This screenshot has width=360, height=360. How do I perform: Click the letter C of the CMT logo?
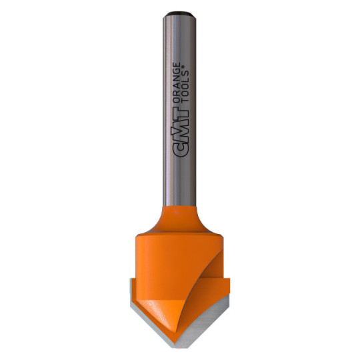(181, 150)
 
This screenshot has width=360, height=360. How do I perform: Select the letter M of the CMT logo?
(180, 133)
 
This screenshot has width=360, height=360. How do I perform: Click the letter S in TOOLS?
(185, 74)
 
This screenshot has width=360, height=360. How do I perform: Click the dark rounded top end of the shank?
(179, 13)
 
